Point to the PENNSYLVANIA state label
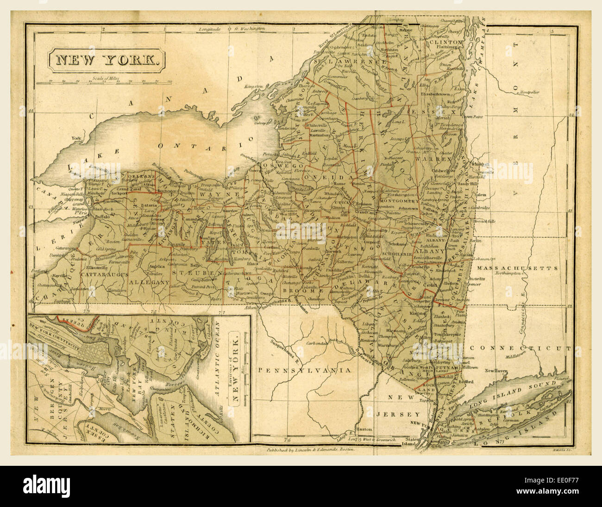pyautogui.click(x=304, y=371)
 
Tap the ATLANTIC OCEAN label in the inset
pyautogui.click(x=219, y=370)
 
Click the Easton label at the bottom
pyautogui.click(x=376, y=428)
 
